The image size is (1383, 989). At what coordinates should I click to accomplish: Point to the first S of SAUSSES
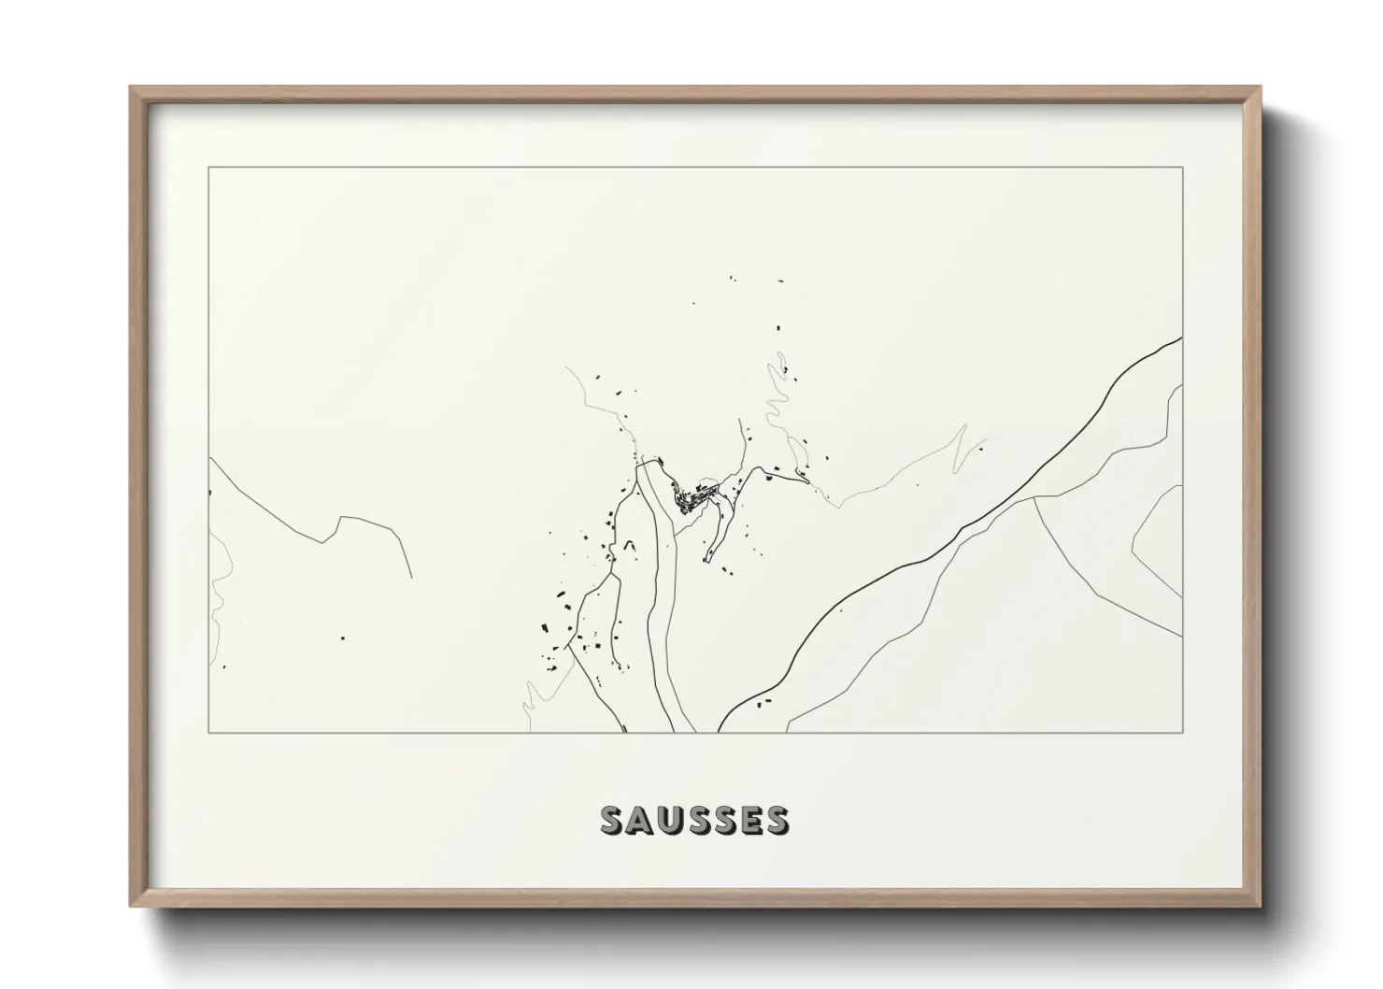pyautogui.click(x=612, y=820)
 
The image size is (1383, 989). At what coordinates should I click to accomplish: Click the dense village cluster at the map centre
pyautogui.click(x=696, y=498)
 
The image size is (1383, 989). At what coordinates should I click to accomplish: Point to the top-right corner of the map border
pyautogui.click(x=1182, y=167)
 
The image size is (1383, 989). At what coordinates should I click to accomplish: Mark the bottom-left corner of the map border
pyautogui.click(x=208, y=732)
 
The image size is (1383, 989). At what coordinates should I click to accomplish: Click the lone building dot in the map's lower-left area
pyautogui.click(x=340, y=637)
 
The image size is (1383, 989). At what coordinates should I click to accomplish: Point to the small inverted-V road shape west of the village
pyautogui.click(x=629, y=544)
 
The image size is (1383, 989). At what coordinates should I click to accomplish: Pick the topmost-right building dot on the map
pyautogui.click(x=777, y=279)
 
